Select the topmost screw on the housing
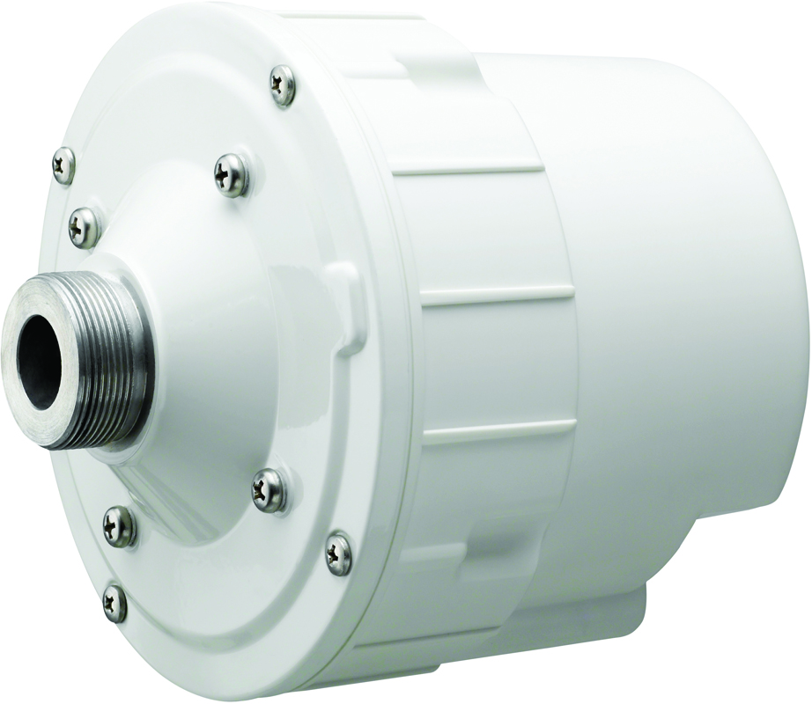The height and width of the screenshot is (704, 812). point(283,85)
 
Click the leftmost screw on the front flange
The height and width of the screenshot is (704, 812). point(63,165)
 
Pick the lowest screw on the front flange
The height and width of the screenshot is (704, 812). point(114,603)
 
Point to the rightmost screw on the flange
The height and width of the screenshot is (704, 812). point(338,554)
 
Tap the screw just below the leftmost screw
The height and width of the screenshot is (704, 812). point(85,227)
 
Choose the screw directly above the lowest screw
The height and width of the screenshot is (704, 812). point(119,526)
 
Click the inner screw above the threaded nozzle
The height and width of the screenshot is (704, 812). point(232,174)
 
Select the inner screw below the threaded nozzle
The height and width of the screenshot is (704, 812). point(269,489)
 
